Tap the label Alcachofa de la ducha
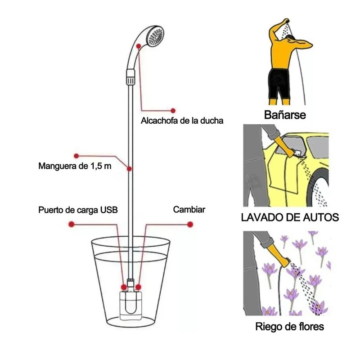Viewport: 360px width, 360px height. pyautogui.click(x=182, y=121)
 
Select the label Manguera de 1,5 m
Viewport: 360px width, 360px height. pyautogui.click(x=75, y=166)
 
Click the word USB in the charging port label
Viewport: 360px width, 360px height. pyautogui.click(x=109, y=210)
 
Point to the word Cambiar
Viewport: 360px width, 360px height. pyautogui.click(x=189, y=210)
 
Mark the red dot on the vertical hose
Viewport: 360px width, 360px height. pyautogui.click(x=130, y=169)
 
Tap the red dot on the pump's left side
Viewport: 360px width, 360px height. pyautogui.click(x=124, y=287)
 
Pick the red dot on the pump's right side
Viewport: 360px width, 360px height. pyautogui.click(x=139, y=287)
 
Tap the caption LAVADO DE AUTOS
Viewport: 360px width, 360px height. pyautogui.click(x=290, y=218)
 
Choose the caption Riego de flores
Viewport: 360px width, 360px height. pyautogui.click(x=289, y=326)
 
